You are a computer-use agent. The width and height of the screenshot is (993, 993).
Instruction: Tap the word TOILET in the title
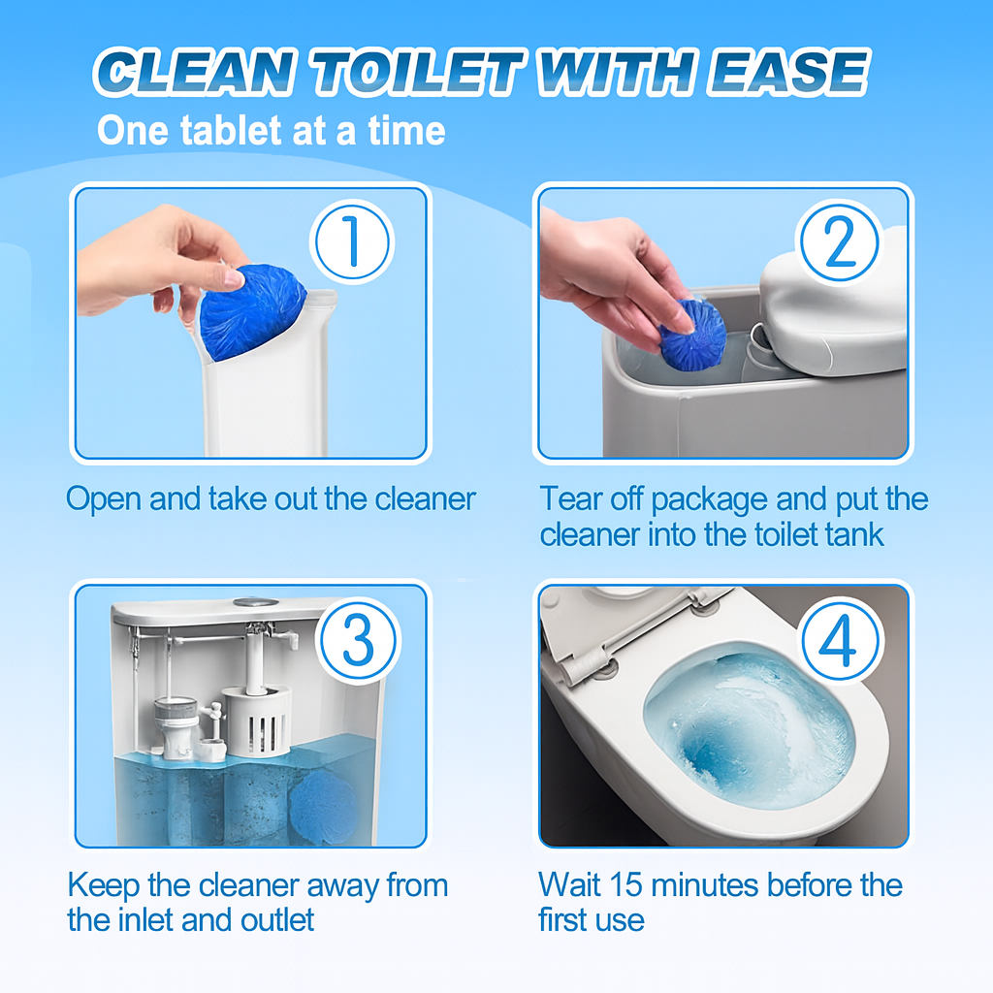(417, 72)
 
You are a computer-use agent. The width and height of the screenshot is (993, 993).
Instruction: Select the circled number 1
(352, 241)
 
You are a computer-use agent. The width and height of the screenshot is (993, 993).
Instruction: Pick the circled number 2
(839, 241)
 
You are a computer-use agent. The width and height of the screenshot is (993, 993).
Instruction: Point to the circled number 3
(359, 640)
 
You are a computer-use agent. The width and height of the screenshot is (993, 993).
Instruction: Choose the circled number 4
(841, 640)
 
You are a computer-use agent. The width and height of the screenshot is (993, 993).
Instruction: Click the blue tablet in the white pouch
(252, 310)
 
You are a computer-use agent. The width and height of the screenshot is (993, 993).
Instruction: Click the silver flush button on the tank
(256, 601)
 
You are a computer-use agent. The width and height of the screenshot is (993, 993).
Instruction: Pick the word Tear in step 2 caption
(570, 498)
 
